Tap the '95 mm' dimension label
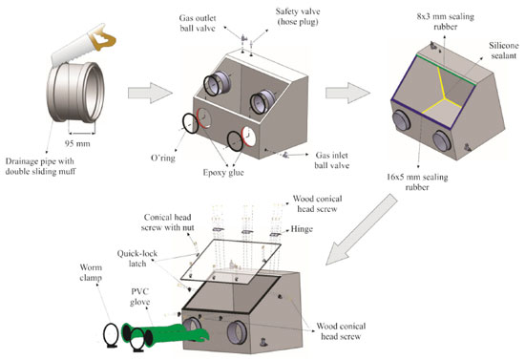coord(77,143)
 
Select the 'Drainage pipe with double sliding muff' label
coord(40,166)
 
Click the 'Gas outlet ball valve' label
coord(198,23)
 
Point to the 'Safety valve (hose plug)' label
coord(298,16)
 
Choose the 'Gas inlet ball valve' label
coord(332,160)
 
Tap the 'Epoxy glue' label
coord(223,173)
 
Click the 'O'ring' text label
coord(163,158)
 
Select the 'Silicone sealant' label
coord(504,51)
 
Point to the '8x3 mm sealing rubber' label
coord(446,21)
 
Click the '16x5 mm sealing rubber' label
coord(417,181)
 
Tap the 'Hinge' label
coord(302,229)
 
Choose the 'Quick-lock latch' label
coord(137,259)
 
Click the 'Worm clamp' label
coord(91,272)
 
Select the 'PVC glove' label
coord(140,297)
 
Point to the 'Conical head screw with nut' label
coord(167,222)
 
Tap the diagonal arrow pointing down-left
coord(361,230)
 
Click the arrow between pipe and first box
coord(150,93)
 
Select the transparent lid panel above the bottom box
coord(231,261)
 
